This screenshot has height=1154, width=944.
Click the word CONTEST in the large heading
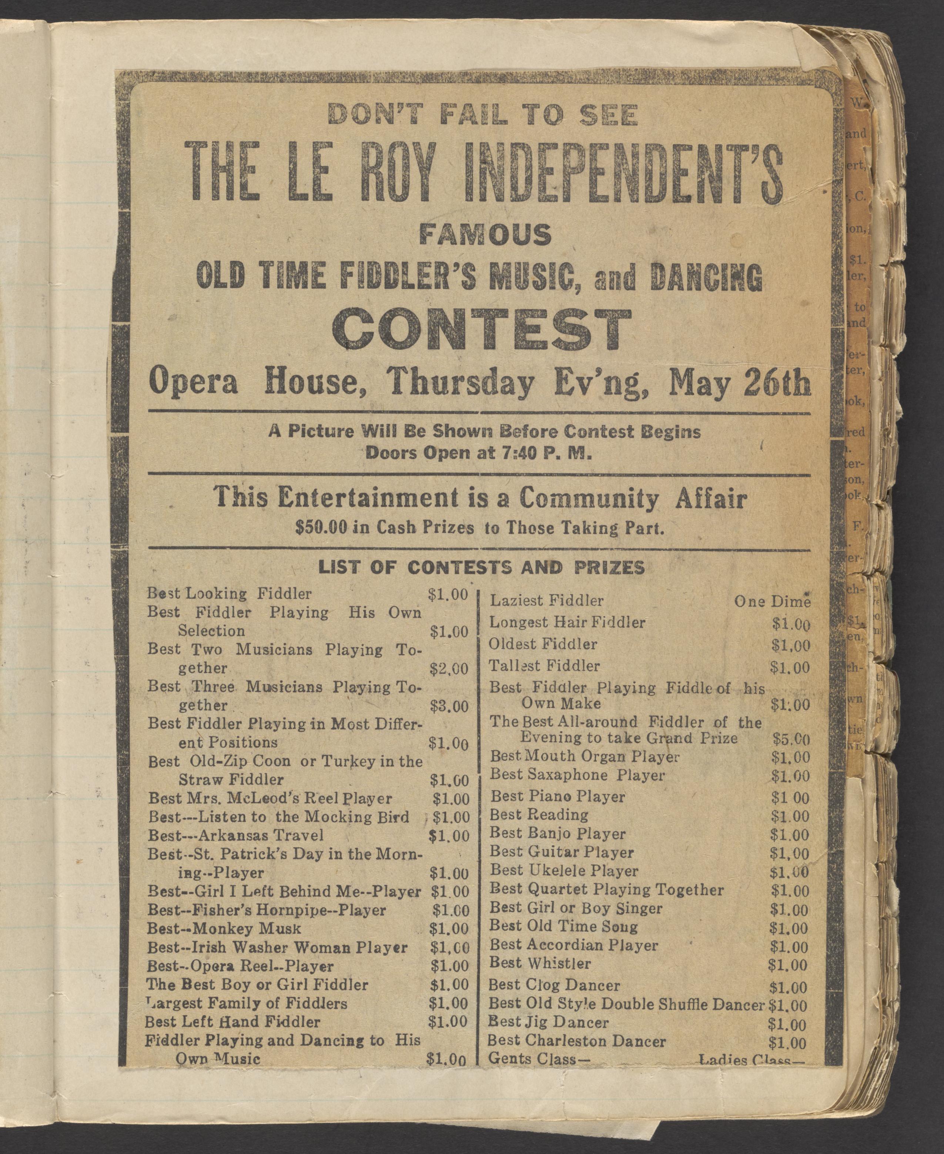483,331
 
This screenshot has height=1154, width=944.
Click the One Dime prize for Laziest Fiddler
772,601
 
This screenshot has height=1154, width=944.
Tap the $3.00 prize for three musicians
449,706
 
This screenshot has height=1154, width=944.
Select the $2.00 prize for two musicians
449,669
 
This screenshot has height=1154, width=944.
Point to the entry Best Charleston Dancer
576,1041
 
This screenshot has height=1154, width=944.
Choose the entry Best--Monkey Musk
224,929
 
